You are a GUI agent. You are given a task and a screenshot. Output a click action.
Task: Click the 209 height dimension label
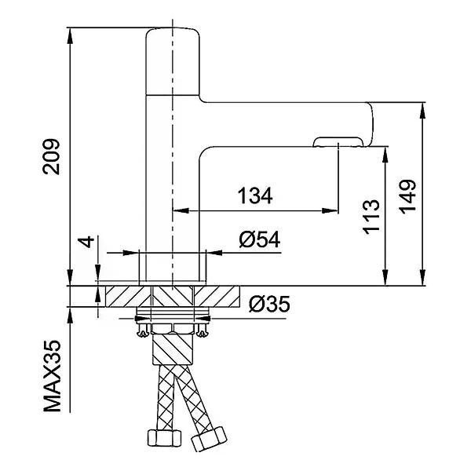[51, 156]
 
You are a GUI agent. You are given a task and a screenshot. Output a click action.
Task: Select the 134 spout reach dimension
[255, 195]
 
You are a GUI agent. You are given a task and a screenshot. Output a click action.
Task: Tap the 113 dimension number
[371, 217]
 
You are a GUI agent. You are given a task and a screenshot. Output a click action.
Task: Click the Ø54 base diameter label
[260, 239]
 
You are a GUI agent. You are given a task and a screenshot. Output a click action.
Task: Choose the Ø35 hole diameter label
[269, 304]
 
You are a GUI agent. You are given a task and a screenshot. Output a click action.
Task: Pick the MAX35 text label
[52, 376]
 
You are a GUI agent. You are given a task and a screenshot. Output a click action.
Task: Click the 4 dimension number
[86, 242]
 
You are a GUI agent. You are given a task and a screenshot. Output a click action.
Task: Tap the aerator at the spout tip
[338, 142]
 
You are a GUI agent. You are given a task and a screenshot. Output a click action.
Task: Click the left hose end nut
[164, 438]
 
